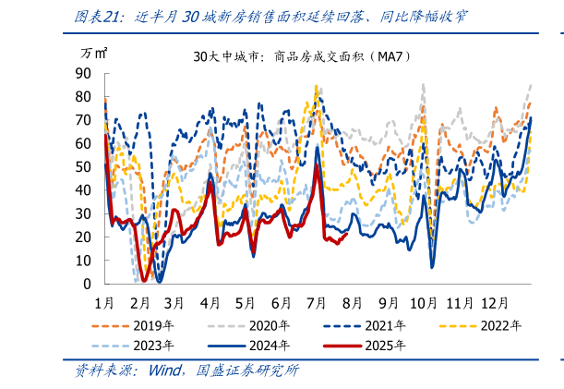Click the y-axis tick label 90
pyautogui.click(x=83, y=74)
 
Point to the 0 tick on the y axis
pyautogui.click(x=87, y=285)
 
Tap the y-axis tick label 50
pyautogui.click(x=83, y=167)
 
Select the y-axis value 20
pyautogui.click(x=83, y=237)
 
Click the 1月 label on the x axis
pyautogui.click(x=105, y=302)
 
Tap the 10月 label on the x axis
pyautogui.click(x=424, y=302)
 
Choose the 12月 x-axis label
pyautogui.click(x=495, y=302)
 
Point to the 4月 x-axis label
pyautogui.click(x=211, y=302)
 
